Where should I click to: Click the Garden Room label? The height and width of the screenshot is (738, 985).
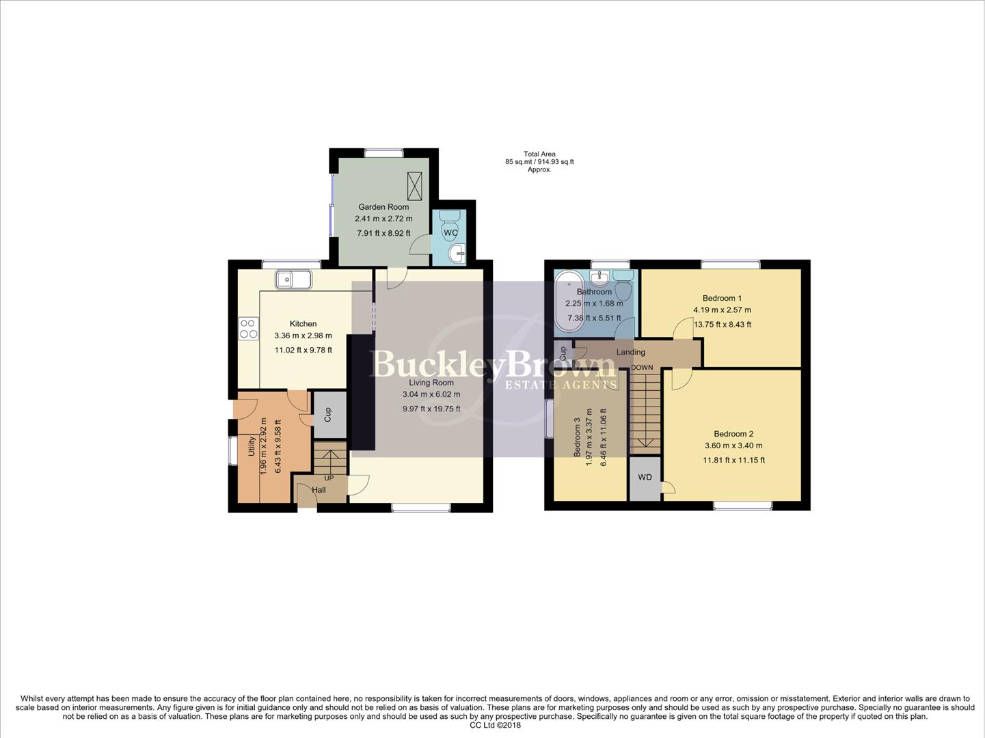pos(383,207)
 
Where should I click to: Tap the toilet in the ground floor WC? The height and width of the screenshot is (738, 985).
pos(450,218)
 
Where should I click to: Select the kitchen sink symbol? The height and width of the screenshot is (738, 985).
pos(293,279)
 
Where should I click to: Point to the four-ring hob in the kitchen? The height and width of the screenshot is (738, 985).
pos(248,329)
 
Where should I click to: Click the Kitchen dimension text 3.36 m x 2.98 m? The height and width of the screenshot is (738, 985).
pos(303,336)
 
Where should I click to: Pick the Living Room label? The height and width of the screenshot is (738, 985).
pos(431,383)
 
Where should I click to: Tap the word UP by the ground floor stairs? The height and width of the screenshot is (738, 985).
pos(329,478)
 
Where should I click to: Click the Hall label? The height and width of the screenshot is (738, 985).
pos(319,490)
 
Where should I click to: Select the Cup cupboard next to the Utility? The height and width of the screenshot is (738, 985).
pos(328,414)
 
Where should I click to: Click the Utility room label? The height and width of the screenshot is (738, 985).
pos(252,446)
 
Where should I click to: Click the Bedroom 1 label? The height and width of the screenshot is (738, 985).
pos(722,298)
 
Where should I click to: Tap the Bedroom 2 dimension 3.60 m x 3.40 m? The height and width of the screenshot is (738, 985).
pos(733,446)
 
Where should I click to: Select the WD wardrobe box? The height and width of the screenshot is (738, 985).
pos(645,478)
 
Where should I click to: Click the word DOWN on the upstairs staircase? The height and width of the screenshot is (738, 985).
pos(642,368)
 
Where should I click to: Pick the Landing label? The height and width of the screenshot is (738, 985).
pos(630,353)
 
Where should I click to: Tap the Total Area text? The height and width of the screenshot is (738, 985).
pos(539,154)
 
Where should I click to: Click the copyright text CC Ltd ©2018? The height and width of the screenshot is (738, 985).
pos(495,726)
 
